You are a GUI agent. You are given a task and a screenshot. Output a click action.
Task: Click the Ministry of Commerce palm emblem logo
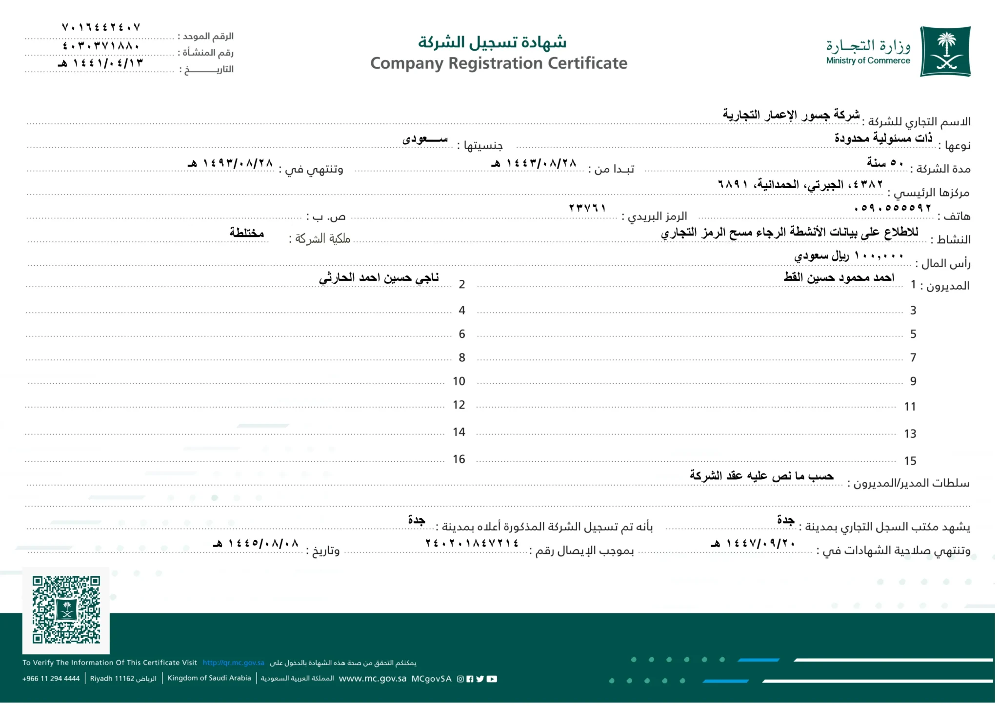[x=945, y=51]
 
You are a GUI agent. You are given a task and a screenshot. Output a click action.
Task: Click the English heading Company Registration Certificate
[x=499, y=63]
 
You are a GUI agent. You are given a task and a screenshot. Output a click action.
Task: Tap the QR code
[x=66, y=609]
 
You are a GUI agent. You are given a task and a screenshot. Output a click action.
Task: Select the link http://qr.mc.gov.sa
[x=233, y=663]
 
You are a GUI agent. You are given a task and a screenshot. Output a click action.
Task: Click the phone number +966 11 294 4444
[x=51, y=679]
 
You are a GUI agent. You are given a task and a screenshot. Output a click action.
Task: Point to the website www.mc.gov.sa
[x=372, y=679]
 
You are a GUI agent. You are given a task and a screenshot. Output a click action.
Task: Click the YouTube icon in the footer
[x=492, y=679]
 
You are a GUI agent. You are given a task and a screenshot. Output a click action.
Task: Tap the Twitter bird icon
[x=480, y=679]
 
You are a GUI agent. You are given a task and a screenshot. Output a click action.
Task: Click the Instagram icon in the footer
[x=460, y=679]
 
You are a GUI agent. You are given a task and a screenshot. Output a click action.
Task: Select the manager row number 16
[x=459, y=459]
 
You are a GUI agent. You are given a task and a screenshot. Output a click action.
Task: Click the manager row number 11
[x=910, y=407]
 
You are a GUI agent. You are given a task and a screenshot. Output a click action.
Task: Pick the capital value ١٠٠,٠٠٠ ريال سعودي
[x=849, y=255]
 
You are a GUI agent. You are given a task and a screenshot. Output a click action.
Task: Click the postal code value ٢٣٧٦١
[x=587, y=208]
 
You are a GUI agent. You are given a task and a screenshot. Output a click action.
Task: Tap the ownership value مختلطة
[x=247, y=233]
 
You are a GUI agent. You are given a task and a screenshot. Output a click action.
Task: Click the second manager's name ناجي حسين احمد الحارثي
[x=379, y=278]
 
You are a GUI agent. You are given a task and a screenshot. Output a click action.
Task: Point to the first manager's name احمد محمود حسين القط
[x=839, y=277]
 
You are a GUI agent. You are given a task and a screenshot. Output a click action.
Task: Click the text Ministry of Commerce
[x=868, y=61]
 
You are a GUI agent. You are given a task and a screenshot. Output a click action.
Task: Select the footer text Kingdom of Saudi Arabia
[x=209, y=678]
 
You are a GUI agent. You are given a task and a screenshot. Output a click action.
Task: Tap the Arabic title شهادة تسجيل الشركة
[x=492, y=42]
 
